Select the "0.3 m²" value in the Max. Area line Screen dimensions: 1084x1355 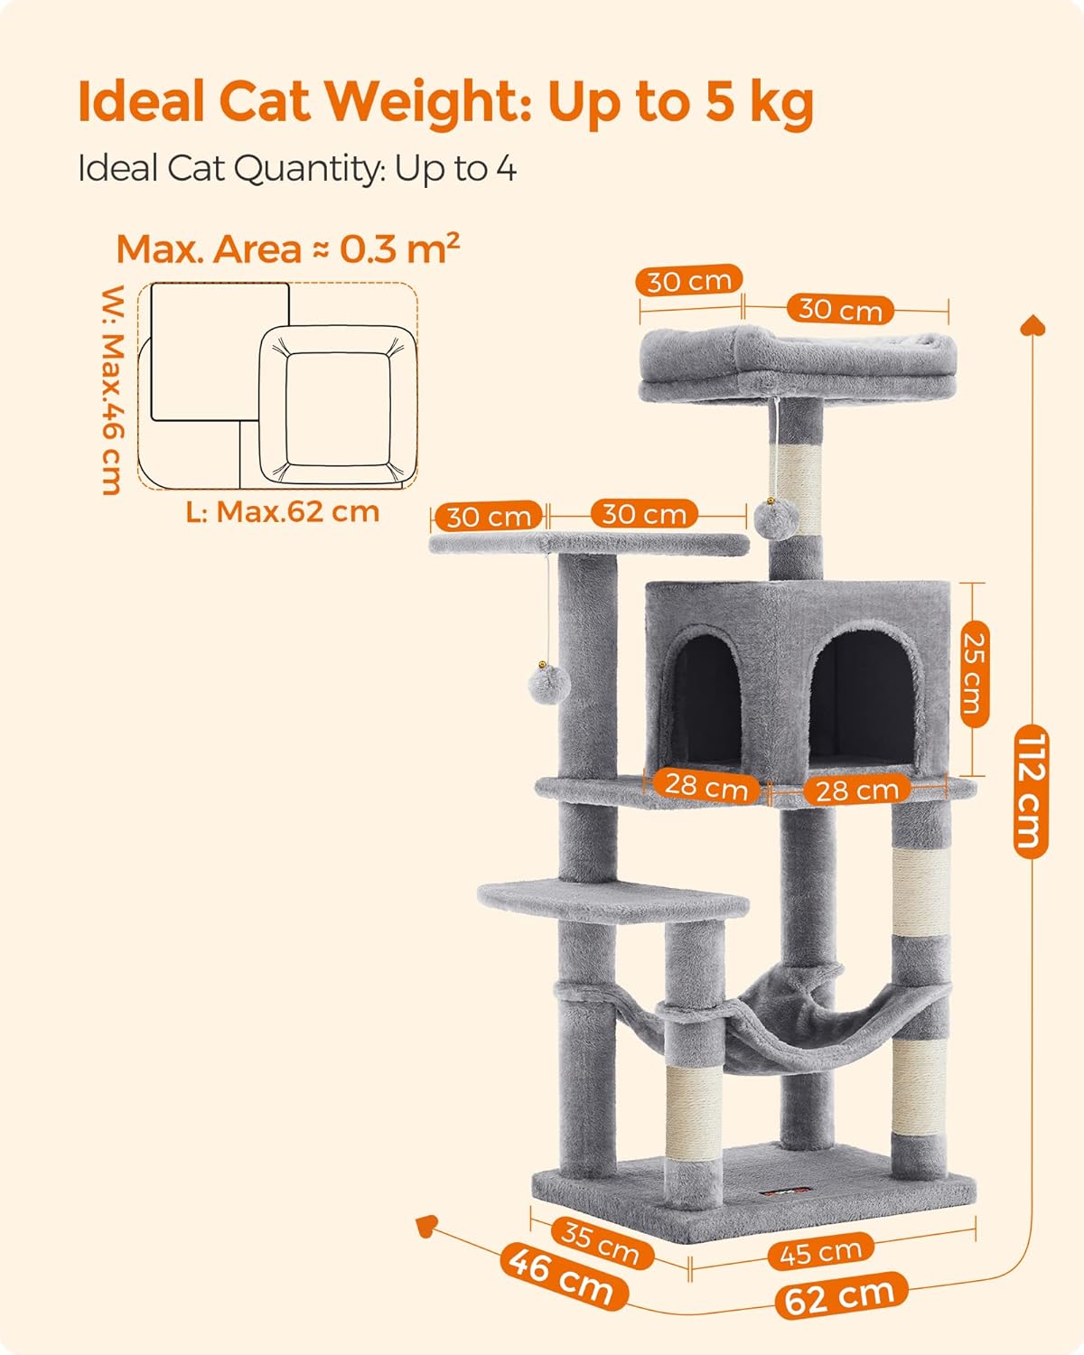(x=400, y=248)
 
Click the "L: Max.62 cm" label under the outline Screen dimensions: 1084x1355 (x=283, y=512)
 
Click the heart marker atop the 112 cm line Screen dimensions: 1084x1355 (x=1033, y=325)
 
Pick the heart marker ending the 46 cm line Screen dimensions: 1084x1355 (x=426, y=1226)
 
